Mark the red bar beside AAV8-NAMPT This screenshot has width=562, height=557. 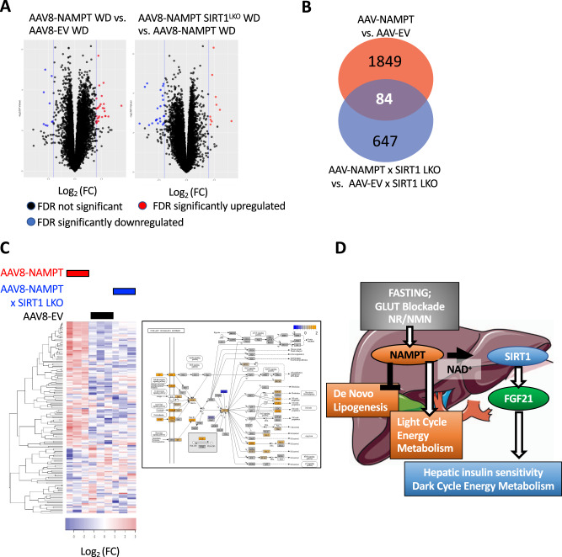78,273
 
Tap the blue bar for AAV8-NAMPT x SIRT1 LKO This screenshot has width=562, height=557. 124,291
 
